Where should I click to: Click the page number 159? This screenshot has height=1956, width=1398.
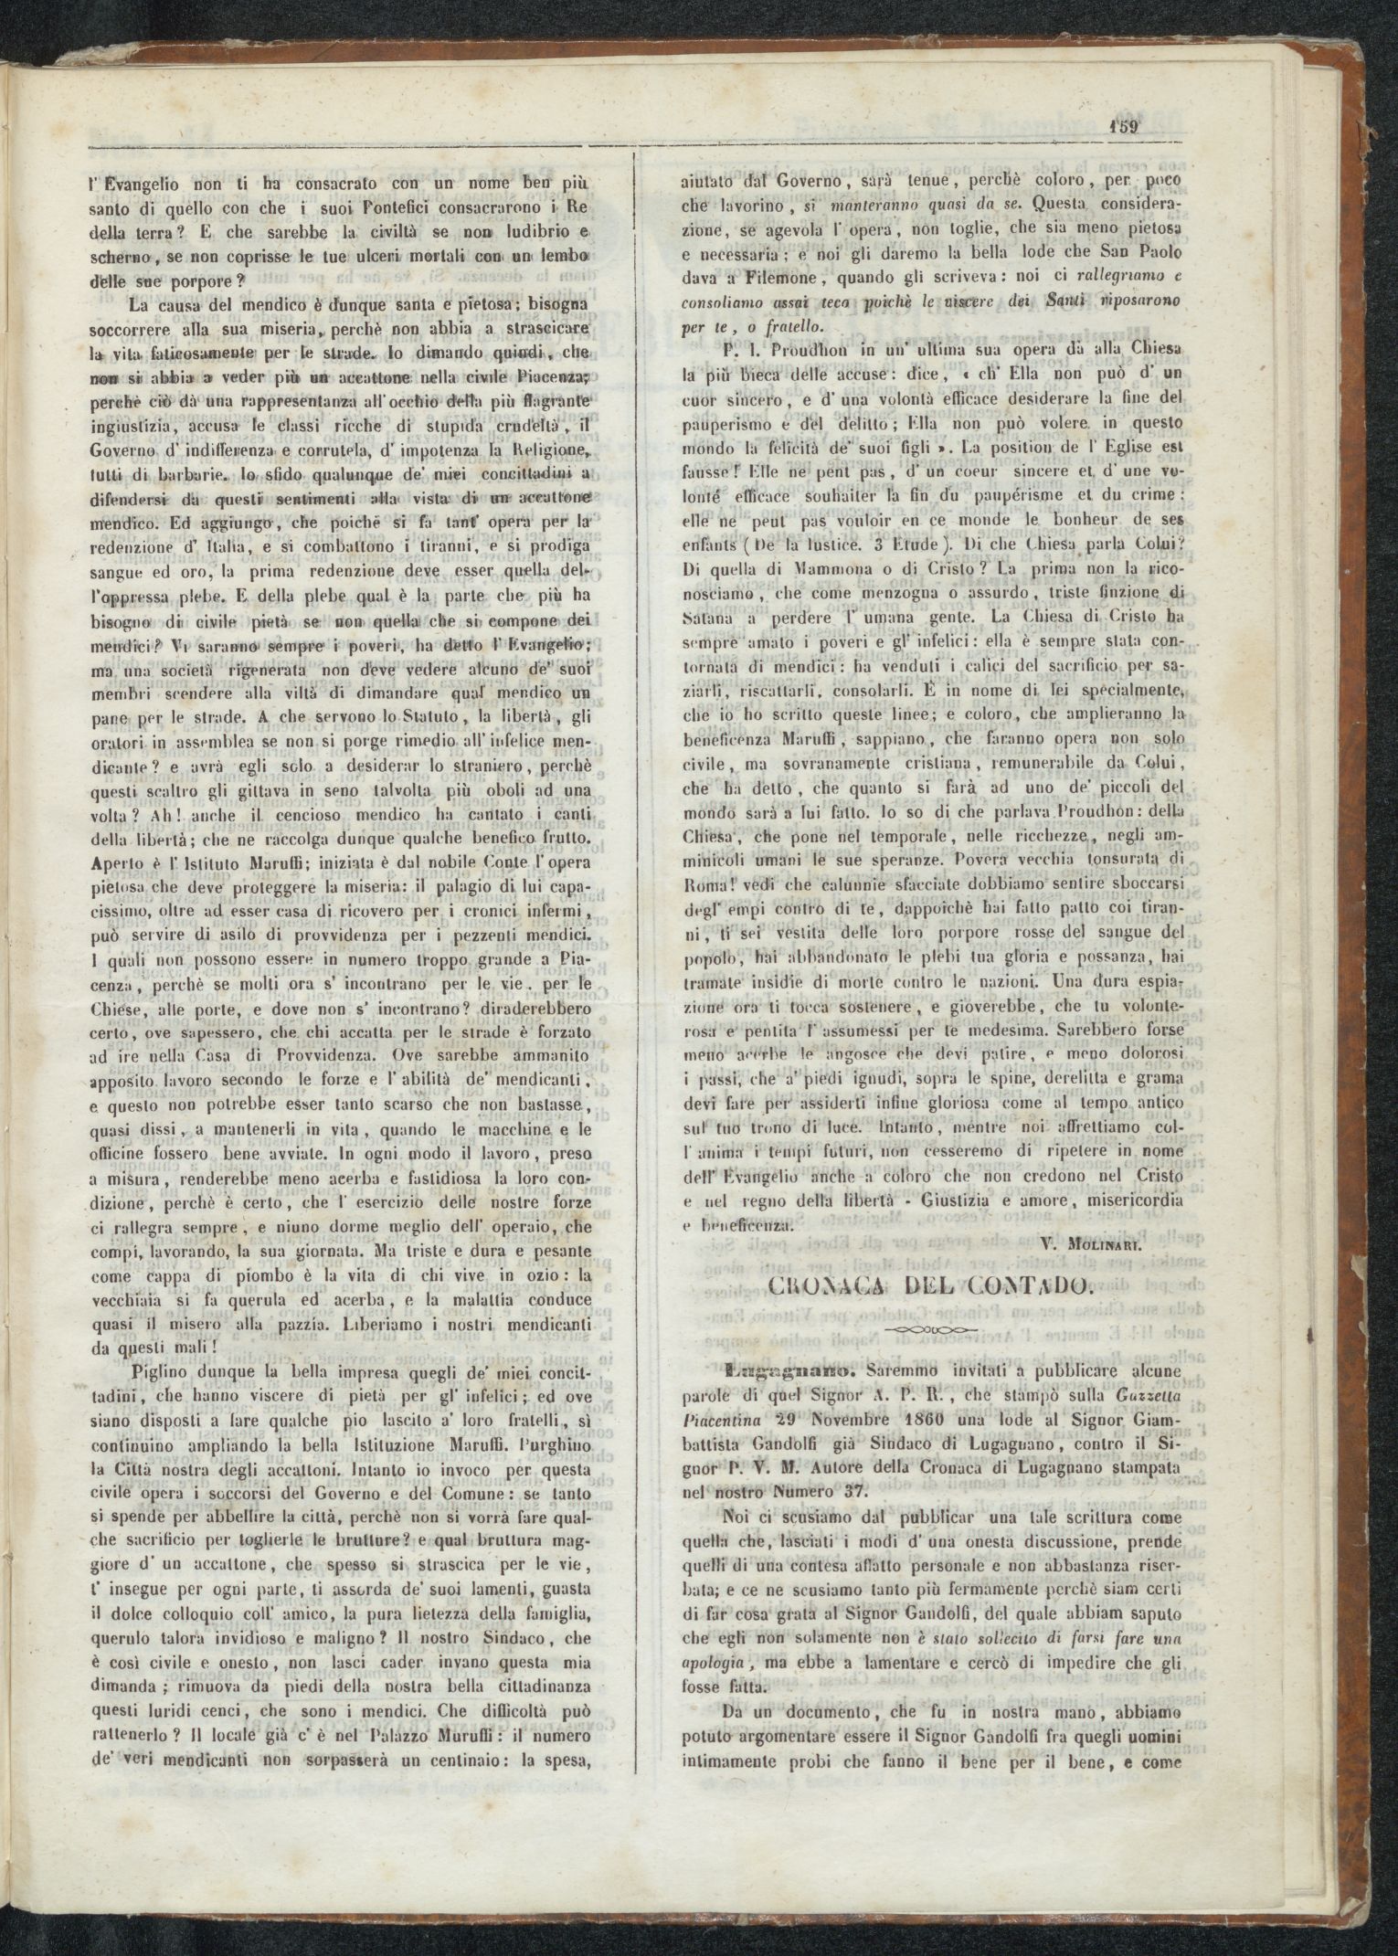[x=1123, y=126]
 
